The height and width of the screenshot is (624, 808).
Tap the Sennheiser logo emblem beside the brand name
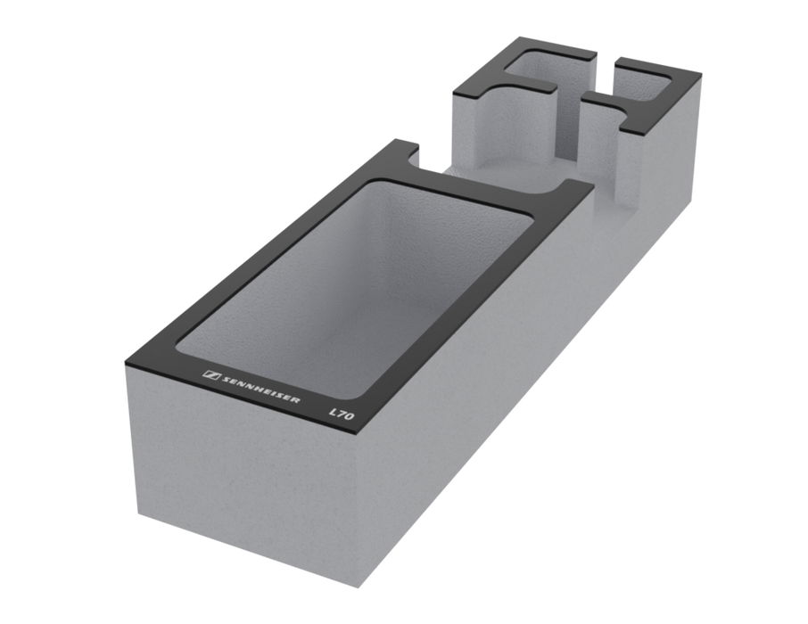click(211, 375)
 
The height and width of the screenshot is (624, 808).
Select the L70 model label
click(342, 414)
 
